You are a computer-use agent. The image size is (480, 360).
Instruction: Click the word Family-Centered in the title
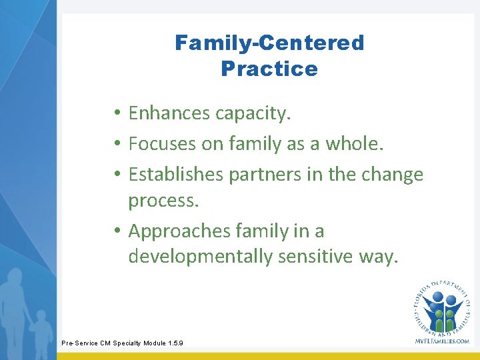(269, 43)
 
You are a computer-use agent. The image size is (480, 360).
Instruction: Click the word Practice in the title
(269, 69)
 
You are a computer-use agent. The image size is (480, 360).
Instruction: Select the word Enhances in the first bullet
(169, 114)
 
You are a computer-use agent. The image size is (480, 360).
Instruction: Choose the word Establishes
(175, 174)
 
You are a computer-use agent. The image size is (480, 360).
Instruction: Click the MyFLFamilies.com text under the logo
(441, 341)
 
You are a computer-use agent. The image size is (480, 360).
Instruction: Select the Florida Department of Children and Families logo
(441, 307)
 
